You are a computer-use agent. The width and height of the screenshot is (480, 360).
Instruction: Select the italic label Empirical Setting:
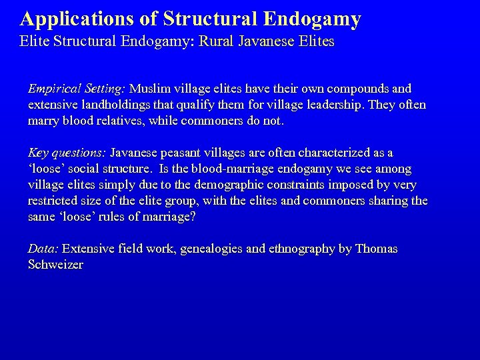tap(77, 89)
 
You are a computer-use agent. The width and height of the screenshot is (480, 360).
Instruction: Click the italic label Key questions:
tap(67, 153)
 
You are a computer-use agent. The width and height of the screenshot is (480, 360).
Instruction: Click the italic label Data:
tap(43, 249)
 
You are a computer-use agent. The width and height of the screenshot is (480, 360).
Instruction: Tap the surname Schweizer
tap(55, 265)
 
